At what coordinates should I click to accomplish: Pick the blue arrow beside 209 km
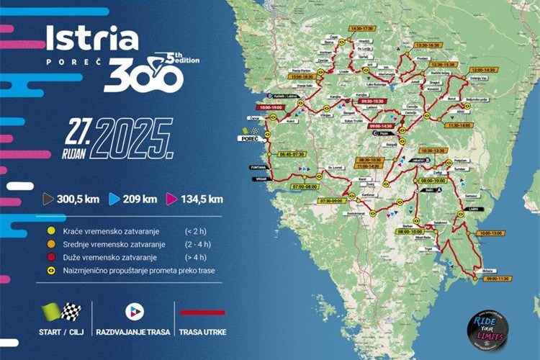(114, 199)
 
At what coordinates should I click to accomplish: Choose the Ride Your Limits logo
(487, 328)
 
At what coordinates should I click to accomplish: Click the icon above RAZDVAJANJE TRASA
(135, 311)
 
